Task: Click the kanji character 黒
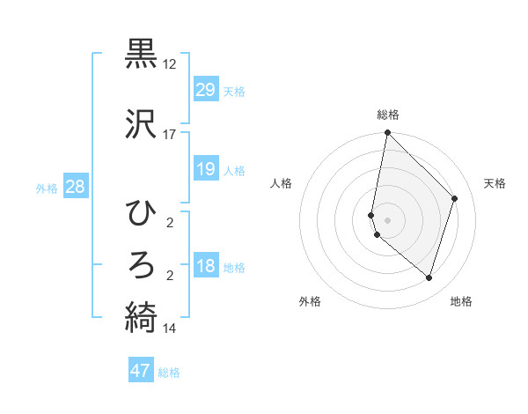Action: (142, 54)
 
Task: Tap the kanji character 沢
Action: (142, 123)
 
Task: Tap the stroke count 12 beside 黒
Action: (169, 65)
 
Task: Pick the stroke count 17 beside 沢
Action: (169, 135)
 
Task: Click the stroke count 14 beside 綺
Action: (169, 329)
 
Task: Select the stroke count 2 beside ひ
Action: (169, 224)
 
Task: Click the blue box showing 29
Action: (205, 90)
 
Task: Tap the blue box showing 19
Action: (205, 169)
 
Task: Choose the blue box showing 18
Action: (205, 267)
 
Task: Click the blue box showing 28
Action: (75, 187)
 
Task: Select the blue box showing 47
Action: (141, 371)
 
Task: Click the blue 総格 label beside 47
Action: (169, 373)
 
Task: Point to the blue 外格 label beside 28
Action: (47, 189)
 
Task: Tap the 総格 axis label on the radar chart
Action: (387, 115)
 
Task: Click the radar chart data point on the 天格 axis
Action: (455, 198)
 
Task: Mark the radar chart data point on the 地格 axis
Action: (429, 277)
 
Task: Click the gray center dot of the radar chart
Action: (387, 220)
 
